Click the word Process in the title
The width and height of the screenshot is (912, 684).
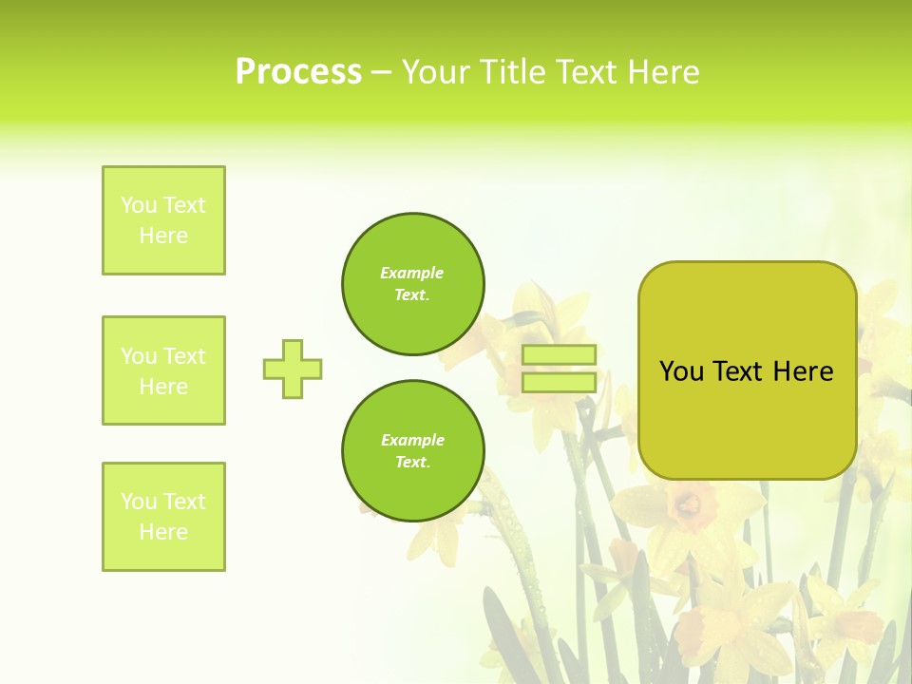click(298, 72)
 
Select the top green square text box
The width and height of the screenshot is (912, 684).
click(163, 220)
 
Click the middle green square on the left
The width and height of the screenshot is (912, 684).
click(163, 370)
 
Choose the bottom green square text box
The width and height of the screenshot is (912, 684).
click(163, 517)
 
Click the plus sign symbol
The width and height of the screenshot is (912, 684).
click(293, 369)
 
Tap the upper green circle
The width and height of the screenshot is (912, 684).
click(413, 284)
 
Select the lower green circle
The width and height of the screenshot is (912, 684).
click(413, 451)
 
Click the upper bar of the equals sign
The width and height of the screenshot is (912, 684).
click(559, 355)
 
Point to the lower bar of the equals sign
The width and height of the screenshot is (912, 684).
click(559, 382)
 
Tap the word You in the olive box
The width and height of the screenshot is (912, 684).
click(681, 371)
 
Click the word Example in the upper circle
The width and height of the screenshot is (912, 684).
click(411, 273)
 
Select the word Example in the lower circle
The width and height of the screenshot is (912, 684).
click(412, 440)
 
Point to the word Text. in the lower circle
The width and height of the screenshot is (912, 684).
click(412, 463)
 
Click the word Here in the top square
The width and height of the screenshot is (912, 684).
click(163, 236)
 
